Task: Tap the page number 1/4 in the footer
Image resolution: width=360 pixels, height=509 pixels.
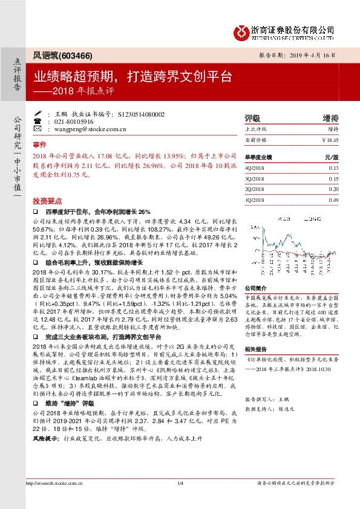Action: [x=180, y=499]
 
